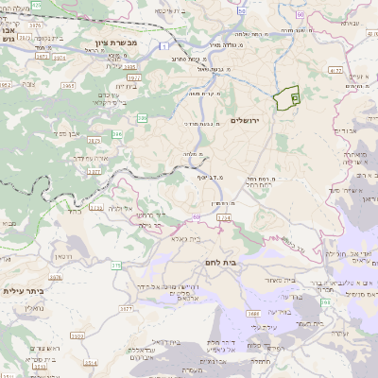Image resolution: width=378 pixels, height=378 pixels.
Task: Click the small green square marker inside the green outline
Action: point(295,97)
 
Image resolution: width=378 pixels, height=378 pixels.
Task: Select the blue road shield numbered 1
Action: point(163,45)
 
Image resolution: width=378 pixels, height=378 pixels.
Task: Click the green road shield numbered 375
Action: point(116,266)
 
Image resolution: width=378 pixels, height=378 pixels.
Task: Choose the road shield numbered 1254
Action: point(223,218)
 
